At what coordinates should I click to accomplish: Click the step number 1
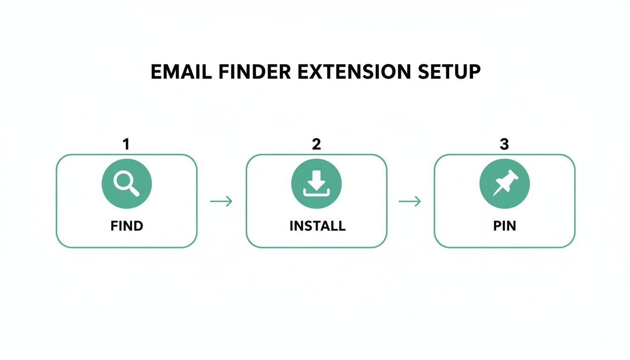[126, 144]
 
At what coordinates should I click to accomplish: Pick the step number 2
[316, 144]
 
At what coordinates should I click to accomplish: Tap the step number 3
[504, 144]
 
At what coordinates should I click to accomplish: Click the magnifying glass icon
[126, 183]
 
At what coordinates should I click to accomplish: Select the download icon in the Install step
[316, 183]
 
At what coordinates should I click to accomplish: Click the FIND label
[127, 226]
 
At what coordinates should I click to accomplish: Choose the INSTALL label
[317, 226]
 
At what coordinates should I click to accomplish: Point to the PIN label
[505, 226]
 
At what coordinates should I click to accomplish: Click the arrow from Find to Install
[221, 202]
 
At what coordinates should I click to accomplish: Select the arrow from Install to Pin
[410, 202]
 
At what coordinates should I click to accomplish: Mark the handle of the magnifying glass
[135, 191]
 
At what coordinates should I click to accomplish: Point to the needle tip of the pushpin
[495, 194]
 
